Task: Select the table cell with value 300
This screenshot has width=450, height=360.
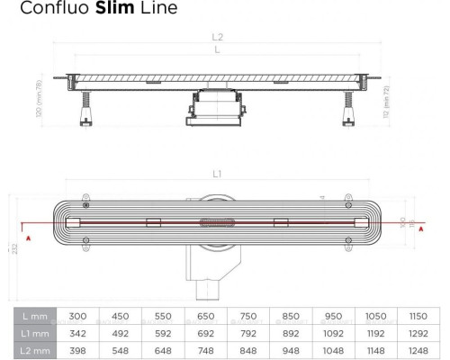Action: [x=78, y=316]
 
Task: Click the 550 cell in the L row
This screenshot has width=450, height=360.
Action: [x=164, y=316]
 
